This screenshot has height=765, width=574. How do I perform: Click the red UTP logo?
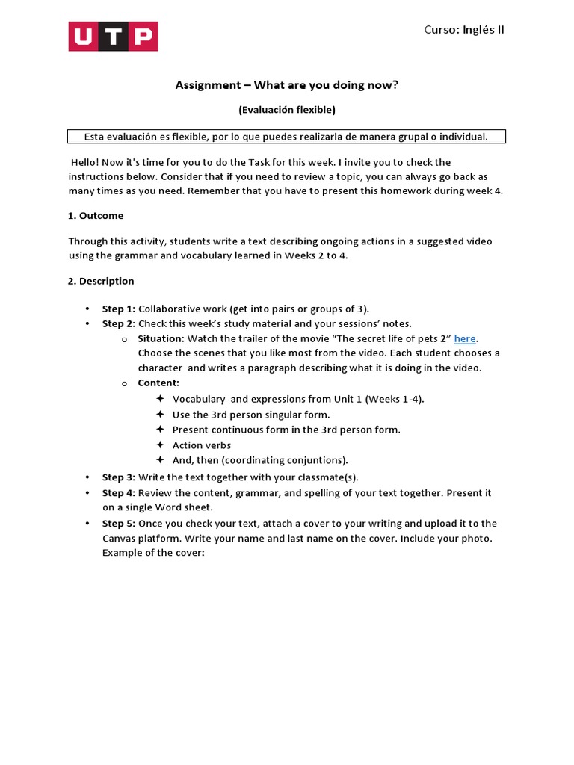coord(113,36)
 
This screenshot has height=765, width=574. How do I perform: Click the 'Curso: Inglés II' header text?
coord(463,30)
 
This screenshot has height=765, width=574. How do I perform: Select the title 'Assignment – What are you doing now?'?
coord(287,85)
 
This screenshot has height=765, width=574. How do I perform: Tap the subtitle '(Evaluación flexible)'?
coord(287,110)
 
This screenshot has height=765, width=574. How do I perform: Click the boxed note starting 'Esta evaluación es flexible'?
coord(286,137)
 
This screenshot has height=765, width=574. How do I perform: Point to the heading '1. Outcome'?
coord(96,216)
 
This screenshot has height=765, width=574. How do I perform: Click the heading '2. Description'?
coord(101,282)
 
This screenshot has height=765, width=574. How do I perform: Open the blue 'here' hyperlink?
coord(465,338)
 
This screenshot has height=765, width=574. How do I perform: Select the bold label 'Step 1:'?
coord(119,309)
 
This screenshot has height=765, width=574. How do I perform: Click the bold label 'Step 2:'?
coord(119,323)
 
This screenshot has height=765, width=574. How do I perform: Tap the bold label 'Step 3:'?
coord(119,477)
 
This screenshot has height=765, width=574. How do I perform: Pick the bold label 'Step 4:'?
coord(119,493)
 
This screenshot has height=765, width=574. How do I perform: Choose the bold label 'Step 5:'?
coord(119,524)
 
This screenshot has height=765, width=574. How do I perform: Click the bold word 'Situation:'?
coord(161,338)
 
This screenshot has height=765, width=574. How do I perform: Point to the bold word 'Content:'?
coord(158,383)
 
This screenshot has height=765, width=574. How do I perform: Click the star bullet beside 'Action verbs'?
coord(160,445)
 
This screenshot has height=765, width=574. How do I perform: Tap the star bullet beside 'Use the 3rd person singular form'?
coord(160,415)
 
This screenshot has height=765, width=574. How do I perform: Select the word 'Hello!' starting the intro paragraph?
coord(86,163)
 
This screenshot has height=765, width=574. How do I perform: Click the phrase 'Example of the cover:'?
coord(153,554)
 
